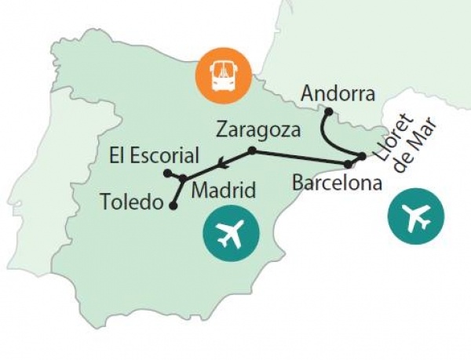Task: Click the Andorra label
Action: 338,94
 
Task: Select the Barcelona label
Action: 336,184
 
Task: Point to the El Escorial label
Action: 155,155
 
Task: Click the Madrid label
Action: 224,190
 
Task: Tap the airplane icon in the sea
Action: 415,216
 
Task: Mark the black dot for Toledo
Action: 173,206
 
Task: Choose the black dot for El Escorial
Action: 167,173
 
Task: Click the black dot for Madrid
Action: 182,178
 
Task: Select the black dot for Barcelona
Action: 348,164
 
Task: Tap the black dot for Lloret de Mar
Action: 361,157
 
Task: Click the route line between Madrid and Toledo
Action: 177,192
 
